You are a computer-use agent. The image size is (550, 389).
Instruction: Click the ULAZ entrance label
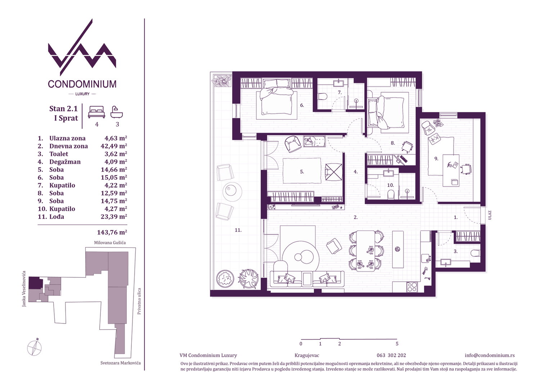[x=490, y=215]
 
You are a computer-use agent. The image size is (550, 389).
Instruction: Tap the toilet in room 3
[x=475, y=253]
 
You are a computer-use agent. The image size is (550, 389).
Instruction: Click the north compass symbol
[x=35, y=348]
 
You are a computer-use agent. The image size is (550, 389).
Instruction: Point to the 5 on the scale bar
[x=397, y=344]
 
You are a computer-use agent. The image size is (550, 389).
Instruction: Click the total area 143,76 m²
[x=112, y=232]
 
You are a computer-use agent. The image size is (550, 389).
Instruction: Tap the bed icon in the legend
[x=96, y=112]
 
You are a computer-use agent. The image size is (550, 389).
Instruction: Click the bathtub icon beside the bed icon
[x=117, y=112]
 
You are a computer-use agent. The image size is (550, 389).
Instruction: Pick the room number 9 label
[x=436, y=159]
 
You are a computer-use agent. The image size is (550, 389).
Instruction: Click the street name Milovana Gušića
[x=110, y=242]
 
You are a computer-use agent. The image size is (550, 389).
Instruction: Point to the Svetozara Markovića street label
[x=121, y=363]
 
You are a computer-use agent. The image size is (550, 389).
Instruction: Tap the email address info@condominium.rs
[x=490, y=355]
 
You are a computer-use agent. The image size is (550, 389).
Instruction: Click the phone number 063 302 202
[x=391, y=355]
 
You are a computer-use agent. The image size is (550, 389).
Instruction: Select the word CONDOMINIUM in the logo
[x=82, y=84]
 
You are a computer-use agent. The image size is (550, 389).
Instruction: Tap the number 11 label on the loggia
[x=238, y=230]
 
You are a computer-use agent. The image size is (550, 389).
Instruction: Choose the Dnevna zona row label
[x=68, y=146]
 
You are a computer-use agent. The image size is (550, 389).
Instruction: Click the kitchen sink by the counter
[x=426, y=258]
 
